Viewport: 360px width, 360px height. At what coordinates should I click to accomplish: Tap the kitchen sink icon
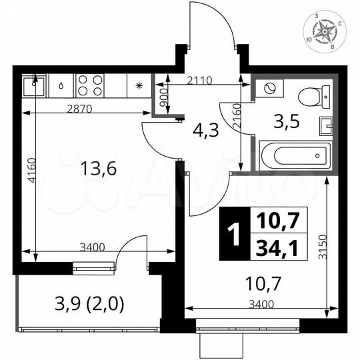coord(33,85)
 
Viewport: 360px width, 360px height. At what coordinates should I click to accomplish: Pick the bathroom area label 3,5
coord(287,121)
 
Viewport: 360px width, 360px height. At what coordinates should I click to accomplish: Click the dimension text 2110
coord(199,81)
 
